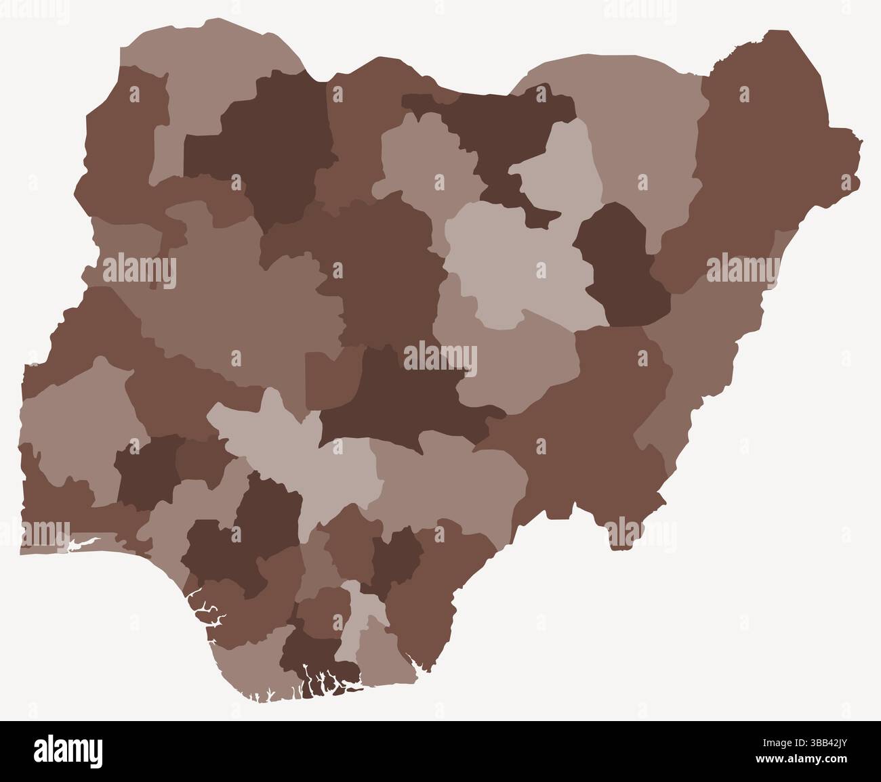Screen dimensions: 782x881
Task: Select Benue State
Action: [447, 474]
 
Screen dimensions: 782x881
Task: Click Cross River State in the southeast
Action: [434, 582]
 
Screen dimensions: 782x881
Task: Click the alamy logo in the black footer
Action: [68, 751]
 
